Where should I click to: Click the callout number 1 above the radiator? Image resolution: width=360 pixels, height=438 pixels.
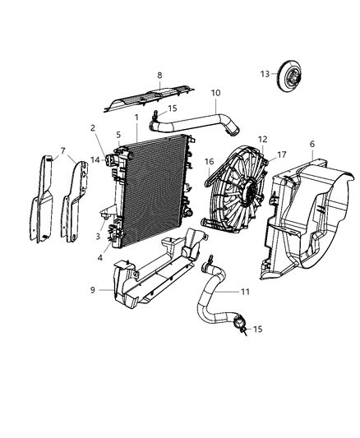[136, 118]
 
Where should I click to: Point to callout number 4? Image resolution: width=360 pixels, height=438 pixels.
[99, 256]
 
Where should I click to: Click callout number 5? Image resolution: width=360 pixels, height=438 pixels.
[118, 136]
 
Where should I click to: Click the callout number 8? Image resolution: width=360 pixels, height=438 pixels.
[159, 75]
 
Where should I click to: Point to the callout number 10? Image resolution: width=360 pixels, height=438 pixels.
[215, 93]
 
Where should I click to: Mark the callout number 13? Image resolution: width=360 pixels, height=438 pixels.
[264, 74]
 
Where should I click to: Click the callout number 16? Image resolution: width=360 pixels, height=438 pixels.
[210, 163]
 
